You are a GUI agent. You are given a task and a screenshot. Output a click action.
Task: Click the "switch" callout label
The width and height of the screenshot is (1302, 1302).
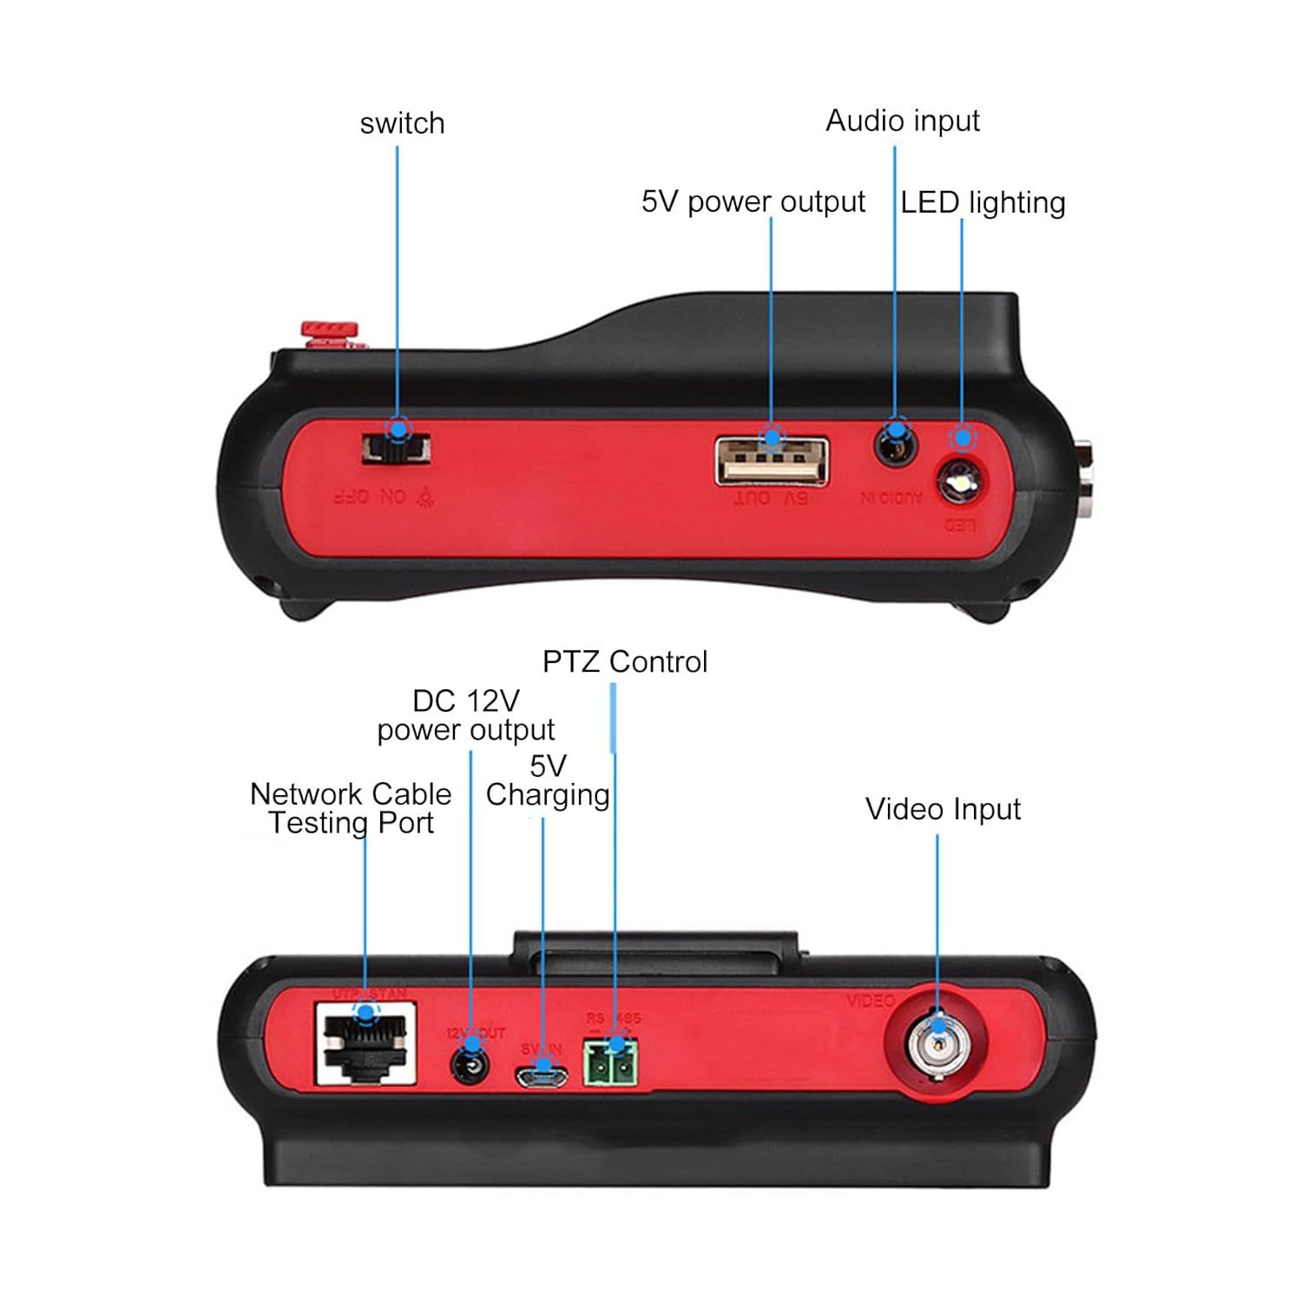click(402, 123)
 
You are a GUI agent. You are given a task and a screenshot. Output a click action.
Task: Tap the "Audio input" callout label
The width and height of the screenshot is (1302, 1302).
click(902, 121)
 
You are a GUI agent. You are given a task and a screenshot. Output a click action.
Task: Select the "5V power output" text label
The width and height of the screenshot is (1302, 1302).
click(753, 201)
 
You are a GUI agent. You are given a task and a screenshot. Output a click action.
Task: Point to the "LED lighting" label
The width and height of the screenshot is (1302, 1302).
click(983, 202)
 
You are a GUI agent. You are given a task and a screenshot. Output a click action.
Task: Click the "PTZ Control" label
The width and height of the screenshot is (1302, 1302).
click(625, 661)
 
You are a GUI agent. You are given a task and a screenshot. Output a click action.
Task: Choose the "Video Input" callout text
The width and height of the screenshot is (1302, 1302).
click(943, 809)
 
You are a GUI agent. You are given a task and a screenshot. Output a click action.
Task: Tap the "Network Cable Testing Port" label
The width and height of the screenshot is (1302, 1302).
click(351, 808)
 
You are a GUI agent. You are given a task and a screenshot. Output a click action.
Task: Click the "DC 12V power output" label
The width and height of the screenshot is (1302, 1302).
click(466, 715)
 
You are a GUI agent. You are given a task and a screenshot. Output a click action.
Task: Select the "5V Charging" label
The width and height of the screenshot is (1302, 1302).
click(548, 780)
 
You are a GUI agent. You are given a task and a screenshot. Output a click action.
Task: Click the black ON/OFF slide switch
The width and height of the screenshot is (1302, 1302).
click(396, 449)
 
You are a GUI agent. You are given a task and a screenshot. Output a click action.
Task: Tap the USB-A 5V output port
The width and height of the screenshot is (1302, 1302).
click(772, 461)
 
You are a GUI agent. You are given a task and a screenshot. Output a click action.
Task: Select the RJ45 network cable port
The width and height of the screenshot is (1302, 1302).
click(365, 1044)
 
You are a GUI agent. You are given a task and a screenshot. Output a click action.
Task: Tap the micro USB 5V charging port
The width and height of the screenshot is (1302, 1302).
click(542, 1077)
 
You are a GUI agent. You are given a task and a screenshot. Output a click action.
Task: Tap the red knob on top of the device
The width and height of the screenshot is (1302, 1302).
click(329, 331)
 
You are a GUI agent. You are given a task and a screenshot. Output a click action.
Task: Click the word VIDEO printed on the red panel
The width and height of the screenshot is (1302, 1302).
click(870, 1001)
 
